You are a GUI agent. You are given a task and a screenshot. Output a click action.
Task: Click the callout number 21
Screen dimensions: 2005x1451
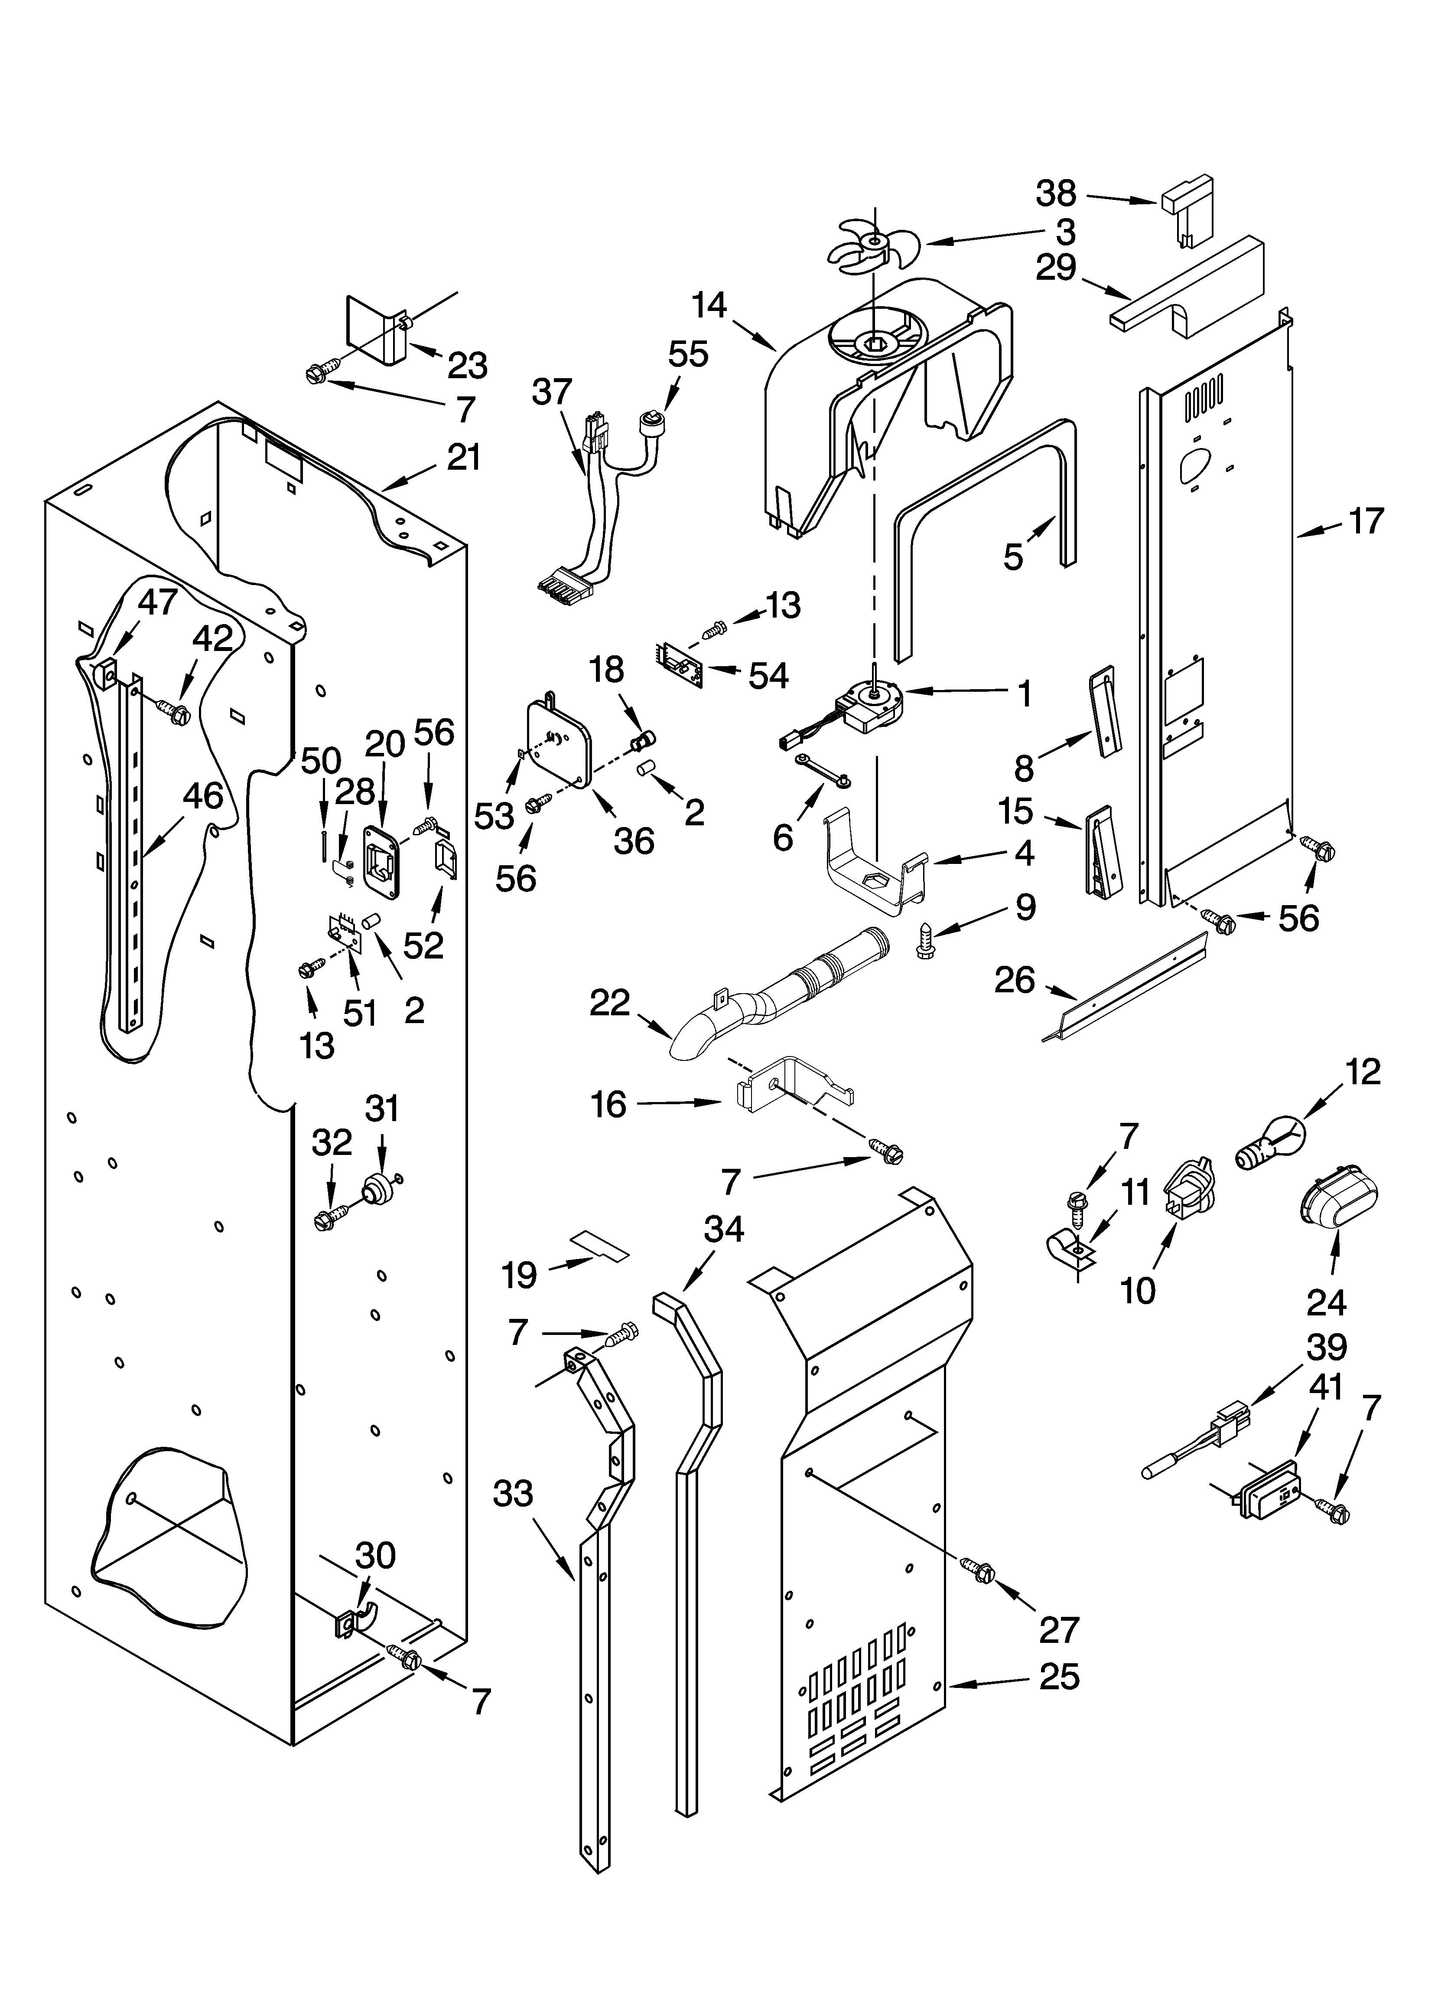(x=463, y=458)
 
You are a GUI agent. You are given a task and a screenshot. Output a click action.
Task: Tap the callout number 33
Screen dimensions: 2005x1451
(x=514, y=1494)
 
